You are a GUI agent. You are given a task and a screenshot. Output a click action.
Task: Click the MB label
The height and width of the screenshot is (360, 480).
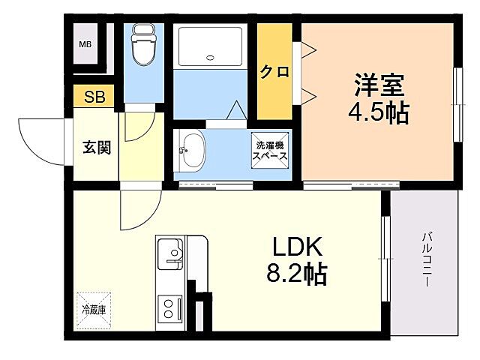[86, 43]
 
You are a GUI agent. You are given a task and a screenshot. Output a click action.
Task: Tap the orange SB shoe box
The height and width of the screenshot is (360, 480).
[94, 97]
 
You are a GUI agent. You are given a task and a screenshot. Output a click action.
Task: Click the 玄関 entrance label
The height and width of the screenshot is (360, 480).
[97, 147]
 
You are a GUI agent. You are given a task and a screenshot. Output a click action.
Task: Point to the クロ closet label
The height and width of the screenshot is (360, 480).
[274, 72]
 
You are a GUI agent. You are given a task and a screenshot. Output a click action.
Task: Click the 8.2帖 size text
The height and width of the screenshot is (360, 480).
[296, 275]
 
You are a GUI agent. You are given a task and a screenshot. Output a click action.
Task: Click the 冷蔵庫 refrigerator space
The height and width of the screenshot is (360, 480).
[94, 308]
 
